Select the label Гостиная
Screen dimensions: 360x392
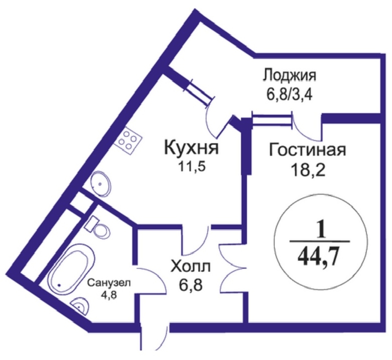tap(307, 149)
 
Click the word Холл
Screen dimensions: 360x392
tap(191, 265)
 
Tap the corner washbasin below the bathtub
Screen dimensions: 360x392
tap(79, 304)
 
